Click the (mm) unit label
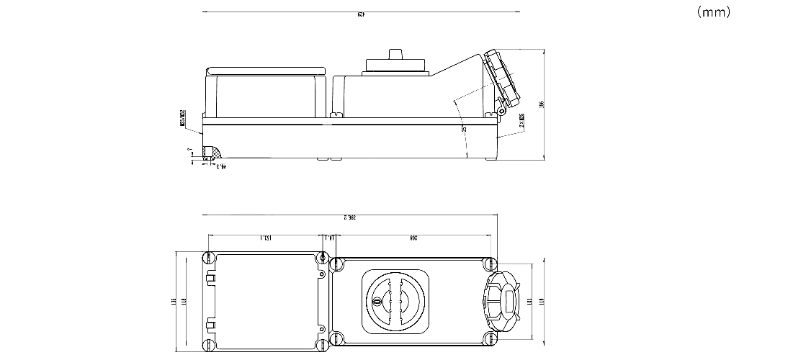click(x=714, y=12)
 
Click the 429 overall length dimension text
click(x=360, y=13)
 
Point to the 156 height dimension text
click(x=542, y=104)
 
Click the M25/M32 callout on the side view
click(x=183, y=118)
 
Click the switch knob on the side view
click(x=395, y=55)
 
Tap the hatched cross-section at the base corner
click(x=212, y=153)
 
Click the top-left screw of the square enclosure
click(x=210, y=258)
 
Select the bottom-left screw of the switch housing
click(x=336, y=338)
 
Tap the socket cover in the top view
click(x=505, y=301)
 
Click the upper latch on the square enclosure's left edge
click(x=210, y=279)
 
